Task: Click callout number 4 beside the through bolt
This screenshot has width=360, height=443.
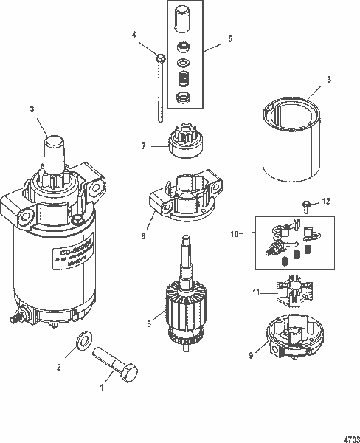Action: coord(134,35)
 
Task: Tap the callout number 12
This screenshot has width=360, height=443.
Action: coord(328,201)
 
